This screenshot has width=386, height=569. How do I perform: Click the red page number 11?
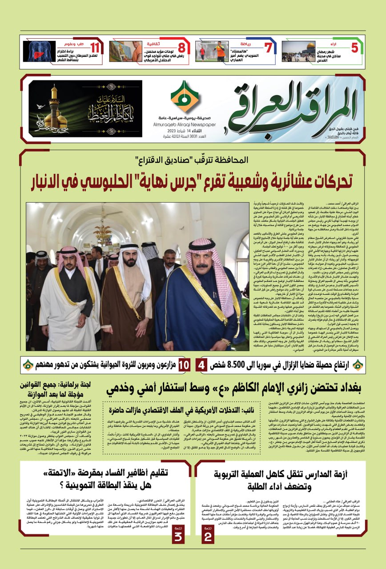click(x=94, y=48)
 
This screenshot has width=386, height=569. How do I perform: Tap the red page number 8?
click(x=182, y=48)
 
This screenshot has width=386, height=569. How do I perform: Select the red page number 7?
click(x=268, y=48)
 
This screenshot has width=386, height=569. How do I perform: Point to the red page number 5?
click(x=354, y=48)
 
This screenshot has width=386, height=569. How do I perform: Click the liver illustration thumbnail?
click(x=40, y=52)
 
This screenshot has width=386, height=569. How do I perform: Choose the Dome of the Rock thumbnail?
click(x=298, y=52)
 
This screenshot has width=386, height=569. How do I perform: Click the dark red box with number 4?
click(x=201, y=365)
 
